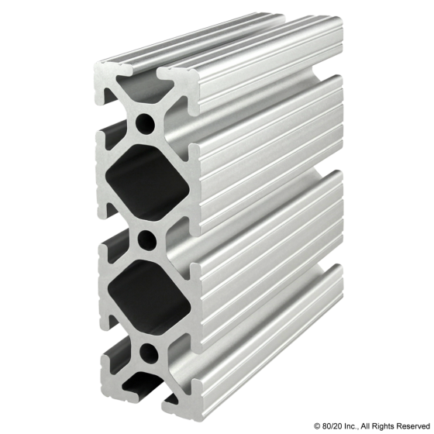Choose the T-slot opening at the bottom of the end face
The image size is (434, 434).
pyautogui.click(x=148, y=403)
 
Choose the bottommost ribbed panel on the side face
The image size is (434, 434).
pyautogui.click(x=263, y=341)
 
